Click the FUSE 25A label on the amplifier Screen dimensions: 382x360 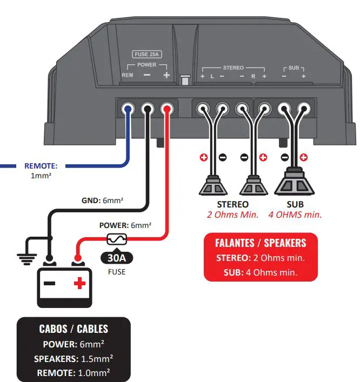147,54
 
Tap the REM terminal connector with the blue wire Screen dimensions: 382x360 128,109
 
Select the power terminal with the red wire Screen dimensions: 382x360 168,109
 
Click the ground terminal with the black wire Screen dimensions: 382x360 148,109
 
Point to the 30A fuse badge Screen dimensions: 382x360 116,258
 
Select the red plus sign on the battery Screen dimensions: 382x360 80,283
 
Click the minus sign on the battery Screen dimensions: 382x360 49,283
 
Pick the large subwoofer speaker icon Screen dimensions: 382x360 294,184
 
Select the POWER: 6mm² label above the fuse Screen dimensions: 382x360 125,225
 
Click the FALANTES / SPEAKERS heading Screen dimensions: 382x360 261,243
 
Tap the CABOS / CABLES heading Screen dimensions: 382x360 74,329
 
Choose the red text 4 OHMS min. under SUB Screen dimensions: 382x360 295,215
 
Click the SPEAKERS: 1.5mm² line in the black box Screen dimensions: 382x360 74,358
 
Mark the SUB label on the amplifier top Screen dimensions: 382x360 294,68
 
